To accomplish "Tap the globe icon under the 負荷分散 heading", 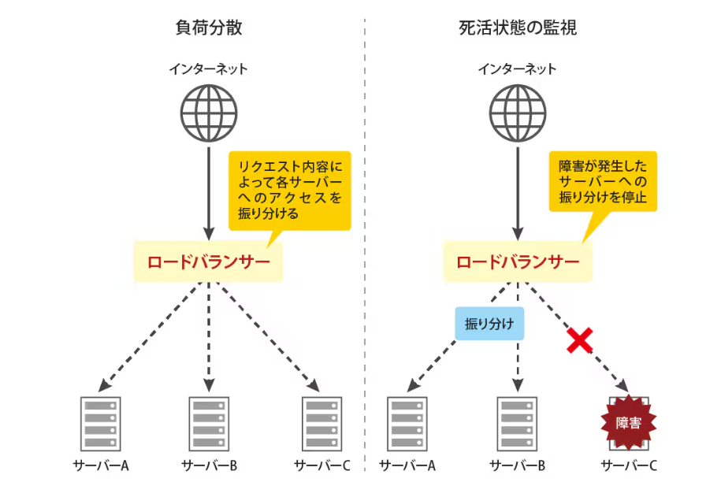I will tap(208, 110).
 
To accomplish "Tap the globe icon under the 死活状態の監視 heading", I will tap(518, 110).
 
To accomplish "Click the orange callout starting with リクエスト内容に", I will tap(289, 190).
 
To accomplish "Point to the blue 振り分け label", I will tap(489, 324).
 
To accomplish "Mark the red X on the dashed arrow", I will tap(580, 340).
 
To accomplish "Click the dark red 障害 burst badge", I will tap(628, 423).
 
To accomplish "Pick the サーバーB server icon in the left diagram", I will tap(209, 423).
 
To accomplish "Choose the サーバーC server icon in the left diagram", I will tap(321, 423).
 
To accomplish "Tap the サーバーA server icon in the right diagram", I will tap(407, 423).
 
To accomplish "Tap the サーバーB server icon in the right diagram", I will tap(517, 423).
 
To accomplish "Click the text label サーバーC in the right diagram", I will tap(629, 465).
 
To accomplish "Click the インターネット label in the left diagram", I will tap(208, 69).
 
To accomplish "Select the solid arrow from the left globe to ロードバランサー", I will tap(208, 189).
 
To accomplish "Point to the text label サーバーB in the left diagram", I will tap(209, 465).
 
